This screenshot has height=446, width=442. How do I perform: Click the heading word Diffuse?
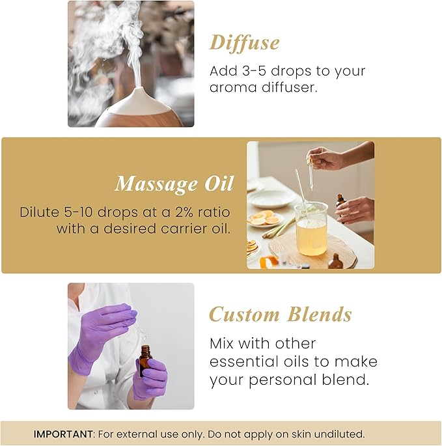[x=244, y=43]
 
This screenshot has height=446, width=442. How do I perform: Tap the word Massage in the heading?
[x=154, y=184]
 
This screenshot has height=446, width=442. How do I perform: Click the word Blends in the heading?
[x=319, y=314]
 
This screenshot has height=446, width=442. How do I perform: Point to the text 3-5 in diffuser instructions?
[x=253, y=71]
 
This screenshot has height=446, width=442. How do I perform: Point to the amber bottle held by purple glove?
[x=145, y=361]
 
